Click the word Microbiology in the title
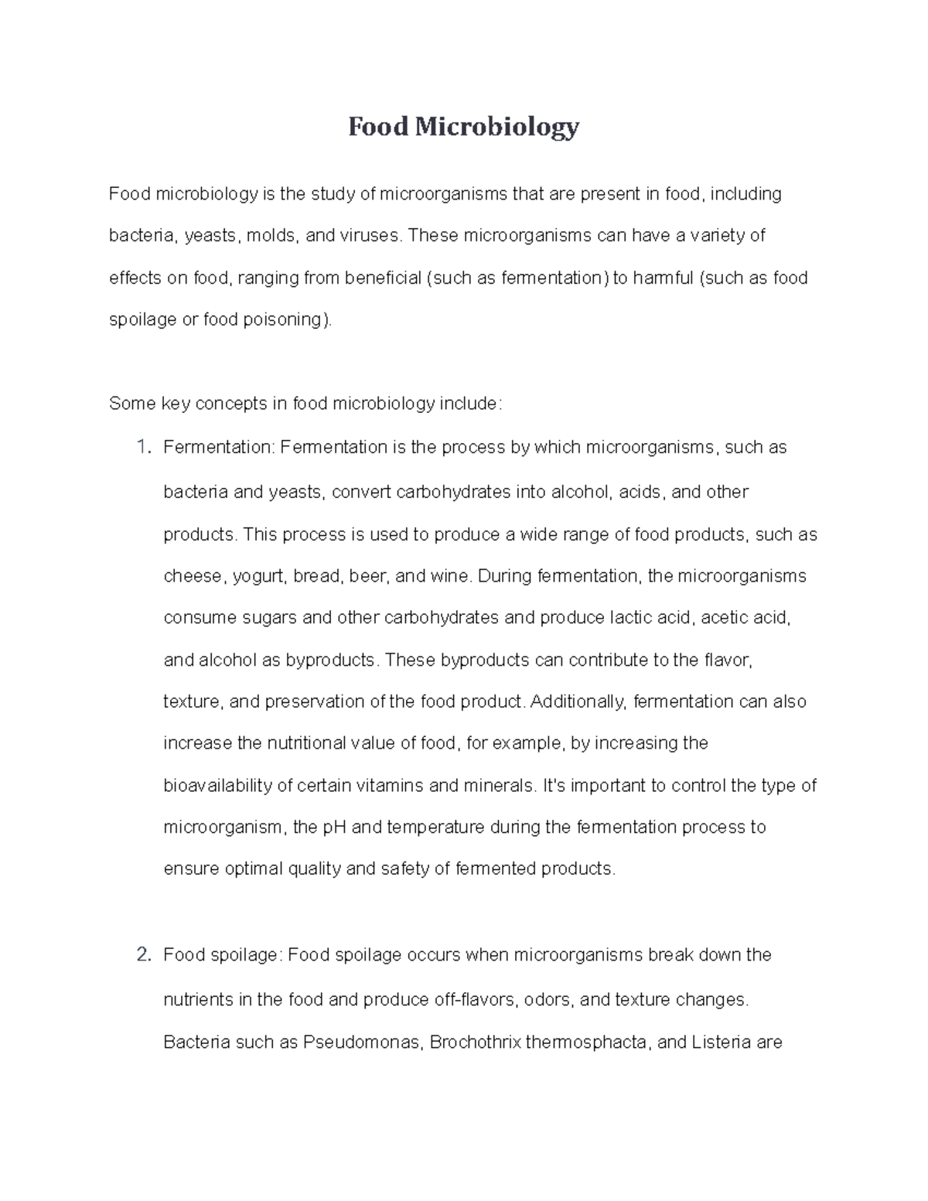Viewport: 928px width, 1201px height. point(496,126)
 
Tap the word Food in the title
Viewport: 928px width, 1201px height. point(377,126)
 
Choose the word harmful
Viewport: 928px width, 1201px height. point(663,277)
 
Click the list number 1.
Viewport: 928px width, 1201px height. point(142,447)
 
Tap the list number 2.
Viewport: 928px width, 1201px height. point(142,955)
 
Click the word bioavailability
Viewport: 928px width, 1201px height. point(218,786)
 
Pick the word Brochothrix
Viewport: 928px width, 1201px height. point(475,1042)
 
